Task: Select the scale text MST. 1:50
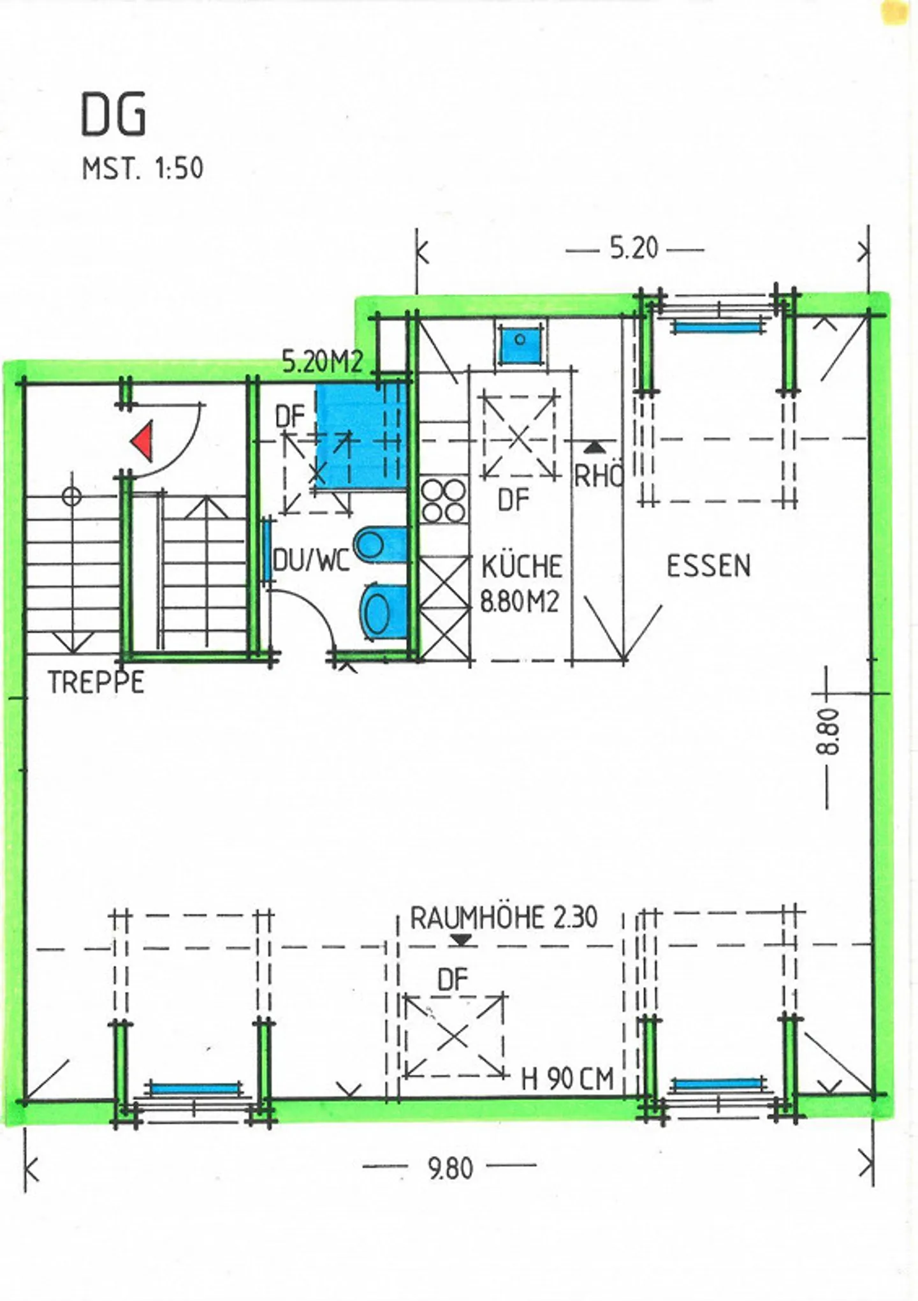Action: [x=142, y=169]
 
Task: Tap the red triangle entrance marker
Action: [x=143, y=441]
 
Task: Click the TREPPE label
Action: [x=96, y=683]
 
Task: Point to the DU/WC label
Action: [x=311, y=561]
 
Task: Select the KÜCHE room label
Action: [x=521, y=567]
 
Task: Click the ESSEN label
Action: [x=708, y=566]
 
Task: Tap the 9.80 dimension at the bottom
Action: [x=450, y=1168]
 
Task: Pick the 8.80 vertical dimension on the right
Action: [x=829, y=732]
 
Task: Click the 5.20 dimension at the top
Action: [x=634, y=248]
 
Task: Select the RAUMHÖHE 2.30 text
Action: [x=504, y=918]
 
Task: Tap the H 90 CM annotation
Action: [x=567, y=1078]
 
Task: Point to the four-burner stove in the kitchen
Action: [x=444, y=501]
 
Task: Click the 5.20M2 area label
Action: [x=323, y=363]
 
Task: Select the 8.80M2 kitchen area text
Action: [x=520, y=602]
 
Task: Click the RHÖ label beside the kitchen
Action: [x=598, y=476]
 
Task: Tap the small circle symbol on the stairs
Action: [x=72, y=496]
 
